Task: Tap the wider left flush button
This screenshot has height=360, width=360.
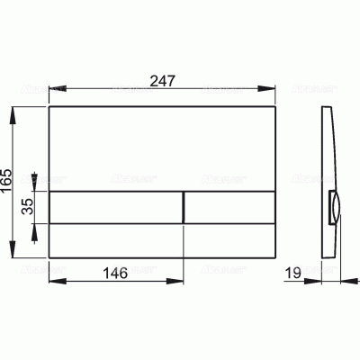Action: point(115,207)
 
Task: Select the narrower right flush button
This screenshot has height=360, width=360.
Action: point(229,207)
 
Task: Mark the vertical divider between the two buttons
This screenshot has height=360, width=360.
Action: point(184,207)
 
